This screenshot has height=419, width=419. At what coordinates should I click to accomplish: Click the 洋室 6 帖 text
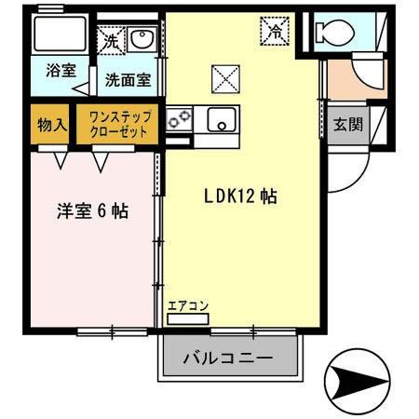90,211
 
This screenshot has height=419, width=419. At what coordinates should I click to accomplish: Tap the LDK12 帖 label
240,196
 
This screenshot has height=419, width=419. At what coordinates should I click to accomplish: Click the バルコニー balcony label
228,358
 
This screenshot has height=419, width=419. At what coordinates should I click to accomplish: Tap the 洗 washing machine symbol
111,41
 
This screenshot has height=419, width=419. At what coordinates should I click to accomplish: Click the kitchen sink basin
222,118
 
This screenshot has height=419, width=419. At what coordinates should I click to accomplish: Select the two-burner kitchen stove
179,119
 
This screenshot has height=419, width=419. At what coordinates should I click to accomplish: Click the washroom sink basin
143,39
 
